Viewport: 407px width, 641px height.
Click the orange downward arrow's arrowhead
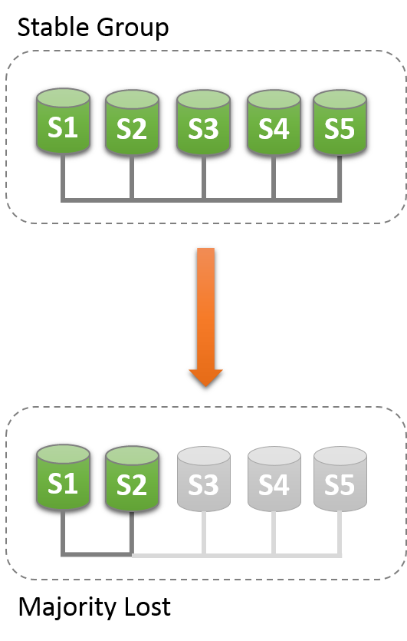point(205,377)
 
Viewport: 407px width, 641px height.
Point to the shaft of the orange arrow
point(205,307)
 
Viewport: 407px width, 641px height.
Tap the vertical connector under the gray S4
point(274,534)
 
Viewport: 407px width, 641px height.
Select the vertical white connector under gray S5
point(340,534)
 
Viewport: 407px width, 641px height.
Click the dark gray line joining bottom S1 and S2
point(97,554)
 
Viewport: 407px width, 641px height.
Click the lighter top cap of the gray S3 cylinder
point(203,455)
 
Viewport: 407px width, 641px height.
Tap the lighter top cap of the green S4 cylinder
point(274,99)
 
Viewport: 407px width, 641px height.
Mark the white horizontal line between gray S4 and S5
point(307,554)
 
